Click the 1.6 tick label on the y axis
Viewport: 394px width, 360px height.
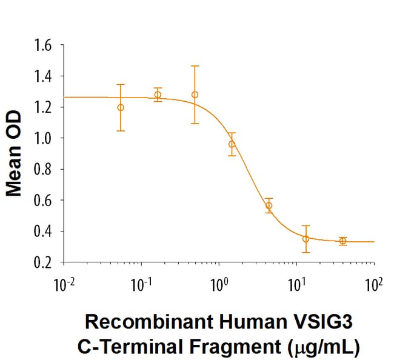pyautogui.click(x=44, y=45)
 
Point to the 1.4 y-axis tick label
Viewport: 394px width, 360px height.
pyautogui.click(x=44, y=76)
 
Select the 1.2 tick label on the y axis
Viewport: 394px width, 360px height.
pyautogui.click(x=44, y=107)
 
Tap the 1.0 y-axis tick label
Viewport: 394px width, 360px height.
pyautogui.click(x=44, y=138)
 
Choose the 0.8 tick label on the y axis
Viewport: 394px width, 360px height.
pyautogui.click(x=44, y=169)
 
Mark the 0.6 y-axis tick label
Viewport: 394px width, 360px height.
pyautogui.click(x=44, y=200)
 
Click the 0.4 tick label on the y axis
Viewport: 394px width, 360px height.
pyautogui.click(x=44, y=231)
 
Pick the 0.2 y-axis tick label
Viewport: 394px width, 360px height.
pyautogui.click(x=44, y=262)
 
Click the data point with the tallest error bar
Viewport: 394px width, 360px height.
pyautogui.click(x=195, y=95)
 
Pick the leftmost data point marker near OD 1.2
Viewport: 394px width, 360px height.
pyautogui.click(x=121, y=107)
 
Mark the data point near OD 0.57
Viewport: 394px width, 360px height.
pyautogui.click(x=269, y=205)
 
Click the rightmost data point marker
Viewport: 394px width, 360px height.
pyautogui.click(x=343, y=241)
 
